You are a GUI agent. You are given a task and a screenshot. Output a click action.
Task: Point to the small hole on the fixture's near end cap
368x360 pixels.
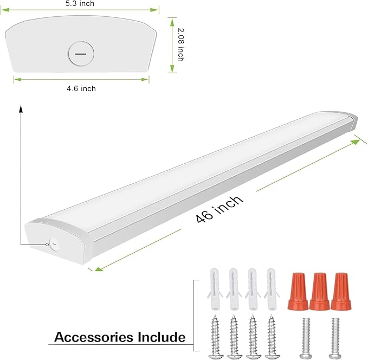[53, 243]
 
